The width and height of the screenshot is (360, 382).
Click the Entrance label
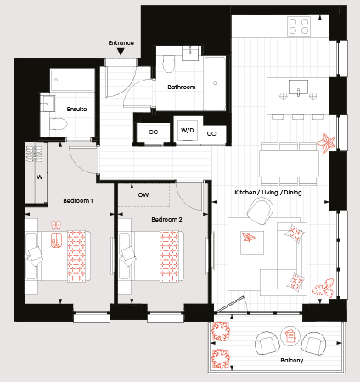click(121, 43)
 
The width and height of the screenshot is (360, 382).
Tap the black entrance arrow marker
click(121, 51)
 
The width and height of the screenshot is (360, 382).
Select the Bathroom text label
click(182, 87)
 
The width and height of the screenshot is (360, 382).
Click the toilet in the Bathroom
click(169, 64)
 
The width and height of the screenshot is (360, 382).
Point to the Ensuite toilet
click(59, 124)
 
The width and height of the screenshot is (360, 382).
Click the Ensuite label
click(76, 109)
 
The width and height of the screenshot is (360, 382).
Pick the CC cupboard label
click(153, 132)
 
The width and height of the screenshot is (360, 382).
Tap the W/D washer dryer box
click(188, 130)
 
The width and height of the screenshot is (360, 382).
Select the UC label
click(211, 133)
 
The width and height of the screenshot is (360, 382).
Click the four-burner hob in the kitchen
click(299, 26)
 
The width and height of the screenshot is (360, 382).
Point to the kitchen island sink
click(298, 87)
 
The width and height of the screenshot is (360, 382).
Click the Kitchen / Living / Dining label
click(268, 193)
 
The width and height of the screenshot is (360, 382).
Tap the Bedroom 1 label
click(78, 200)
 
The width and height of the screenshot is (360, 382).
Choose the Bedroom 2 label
click(166, 219)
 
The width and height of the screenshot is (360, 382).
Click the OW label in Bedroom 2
click(143, 194)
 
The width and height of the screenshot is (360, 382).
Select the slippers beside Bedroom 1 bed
click(56, 225)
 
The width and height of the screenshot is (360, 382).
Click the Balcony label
click(292, 361)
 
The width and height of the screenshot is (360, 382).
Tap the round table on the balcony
click(290, 336)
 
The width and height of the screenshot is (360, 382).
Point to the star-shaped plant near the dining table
click(326, 143)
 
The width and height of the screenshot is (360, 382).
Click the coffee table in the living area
click(252, 243)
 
